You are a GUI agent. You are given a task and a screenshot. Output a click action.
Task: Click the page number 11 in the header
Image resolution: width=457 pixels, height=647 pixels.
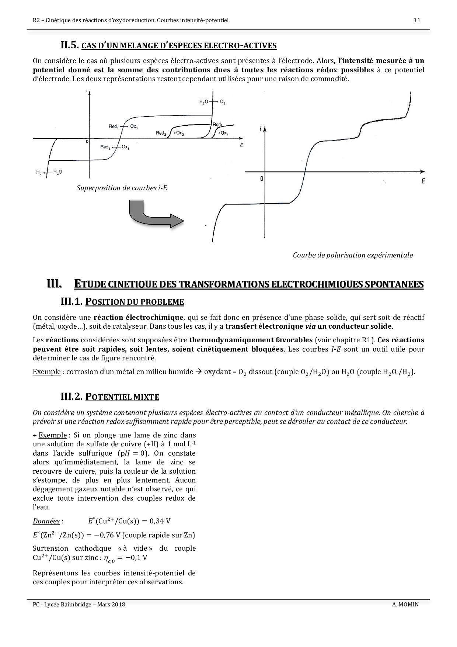pyautogui.click(x=417, y=20)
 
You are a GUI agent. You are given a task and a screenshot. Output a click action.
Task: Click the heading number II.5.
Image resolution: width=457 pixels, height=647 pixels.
pyautogui.click(x=70, y=45)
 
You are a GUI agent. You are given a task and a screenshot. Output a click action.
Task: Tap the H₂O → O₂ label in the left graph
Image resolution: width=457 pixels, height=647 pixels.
pyautogui.click(x=212, y=102)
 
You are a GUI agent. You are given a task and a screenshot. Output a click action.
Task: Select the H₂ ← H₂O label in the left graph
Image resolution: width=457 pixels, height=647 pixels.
pyautogui.click(x=49, y=172)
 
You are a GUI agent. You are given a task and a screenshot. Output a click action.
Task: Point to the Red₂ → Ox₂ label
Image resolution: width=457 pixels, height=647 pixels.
pyautogui.click(x=170, y=133)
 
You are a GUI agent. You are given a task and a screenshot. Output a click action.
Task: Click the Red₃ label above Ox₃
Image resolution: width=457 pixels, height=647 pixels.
pyautogui.click(x=217, y=125)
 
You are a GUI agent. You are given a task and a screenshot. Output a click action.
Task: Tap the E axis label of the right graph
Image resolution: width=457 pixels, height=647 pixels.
pyautogui.click(x=423, y=181)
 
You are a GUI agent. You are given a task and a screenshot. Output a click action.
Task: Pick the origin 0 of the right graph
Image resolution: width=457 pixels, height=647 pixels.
pyautogui.click(x=262, y=179)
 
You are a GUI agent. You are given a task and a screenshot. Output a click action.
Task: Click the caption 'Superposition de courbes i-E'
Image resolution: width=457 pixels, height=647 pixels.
pyautogui.click(x=122, y=188)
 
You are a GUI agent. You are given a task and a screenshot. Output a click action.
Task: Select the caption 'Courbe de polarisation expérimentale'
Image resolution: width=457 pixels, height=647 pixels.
pyautogui.click(x=353, y=255)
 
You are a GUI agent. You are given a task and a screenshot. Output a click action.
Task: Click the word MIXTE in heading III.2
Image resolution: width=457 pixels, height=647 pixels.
pyautogui.click(x=146, y=397)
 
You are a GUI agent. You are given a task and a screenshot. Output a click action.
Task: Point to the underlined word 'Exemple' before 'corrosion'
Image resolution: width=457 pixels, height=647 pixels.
pyautogui.click(x=46, y=371)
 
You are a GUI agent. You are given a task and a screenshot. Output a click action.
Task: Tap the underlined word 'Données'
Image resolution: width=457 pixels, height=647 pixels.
pyautogui.click(x=46, y=521)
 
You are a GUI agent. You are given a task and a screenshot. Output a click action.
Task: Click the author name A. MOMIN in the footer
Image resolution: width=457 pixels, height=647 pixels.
pyautogui.click(x=405, y=605)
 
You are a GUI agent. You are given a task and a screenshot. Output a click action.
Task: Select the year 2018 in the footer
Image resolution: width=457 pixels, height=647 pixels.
pyautogui.click(x=118, y=605)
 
